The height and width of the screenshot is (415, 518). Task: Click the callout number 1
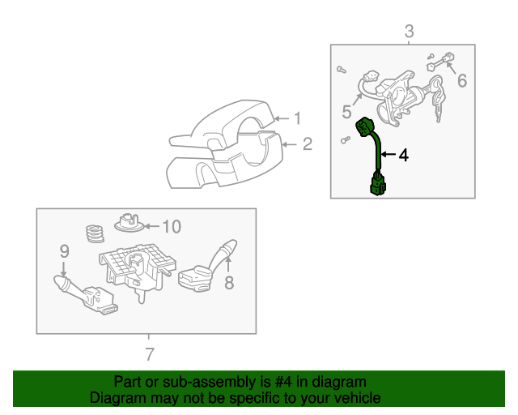[298, 118]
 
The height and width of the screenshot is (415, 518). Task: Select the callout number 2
[308, 144]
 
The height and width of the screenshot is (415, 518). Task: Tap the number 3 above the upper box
[409, 32]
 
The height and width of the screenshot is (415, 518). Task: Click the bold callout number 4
[403, 155]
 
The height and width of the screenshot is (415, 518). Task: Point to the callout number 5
[346, 112]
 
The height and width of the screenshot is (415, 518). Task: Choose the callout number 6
[462, 81]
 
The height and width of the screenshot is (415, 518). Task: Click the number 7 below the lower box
[150, 354]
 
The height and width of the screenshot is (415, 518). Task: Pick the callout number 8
[229, 283]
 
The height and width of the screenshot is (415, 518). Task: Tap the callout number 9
[65, 251]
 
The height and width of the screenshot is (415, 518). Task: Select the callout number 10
[172, 227]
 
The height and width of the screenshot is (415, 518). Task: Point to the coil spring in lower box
[95, 233]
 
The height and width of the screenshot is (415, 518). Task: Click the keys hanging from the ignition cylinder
[438, 96]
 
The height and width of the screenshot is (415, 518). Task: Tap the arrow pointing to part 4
[388, 155]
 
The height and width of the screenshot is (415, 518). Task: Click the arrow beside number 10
[152, 226]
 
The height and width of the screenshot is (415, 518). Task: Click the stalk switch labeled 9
[84, 294]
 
